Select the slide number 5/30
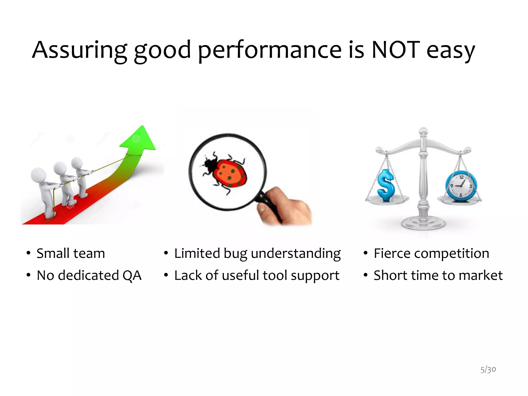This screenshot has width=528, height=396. (x=488, y=369)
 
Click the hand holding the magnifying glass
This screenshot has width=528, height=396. (x=289, y=206)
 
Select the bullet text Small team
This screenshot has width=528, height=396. (x=71, y=253)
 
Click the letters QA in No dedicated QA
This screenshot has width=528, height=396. (x=132, y=275)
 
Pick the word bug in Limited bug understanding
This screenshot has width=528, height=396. (x=235, y=254)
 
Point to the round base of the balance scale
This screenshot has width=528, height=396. (x=423, y=223)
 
